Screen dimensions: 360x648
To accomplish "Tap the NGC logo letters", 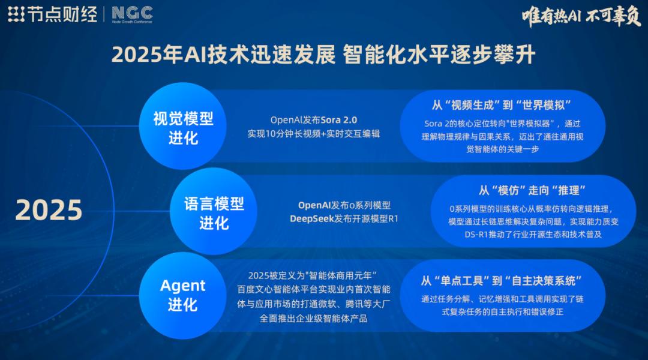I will tap(132, 12).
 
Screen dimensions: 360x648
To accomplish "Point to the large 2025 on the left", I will tap(49, 211).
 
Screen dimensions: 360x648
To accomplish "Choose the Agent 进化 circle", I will tap(183, 295).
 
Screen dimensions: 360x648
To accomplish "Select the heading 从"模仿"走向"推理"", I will tap(533, 190).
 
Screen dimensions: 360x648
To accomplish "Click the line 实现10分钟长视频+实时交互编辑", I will tap(313, 133).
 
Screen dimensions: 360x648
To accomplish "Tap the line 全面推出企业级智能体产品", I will tap(313, 319).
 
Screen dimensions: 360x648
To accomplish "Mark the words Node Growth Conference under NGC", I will tap(132, 22).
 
